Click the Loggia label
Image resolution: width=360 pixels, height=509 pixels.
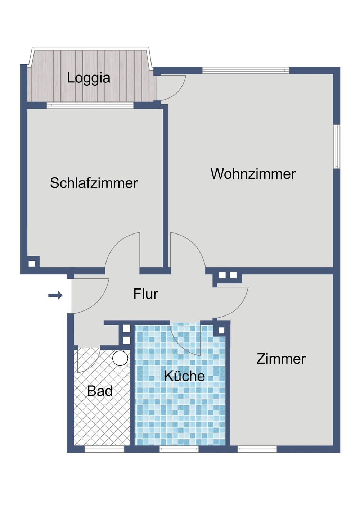[x=89, y=78]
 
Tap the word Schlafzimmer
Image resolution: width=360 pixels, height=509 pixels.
[x=94, y=183]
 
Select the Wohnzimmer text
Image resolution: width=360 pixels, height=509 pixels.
[x=253, y=174]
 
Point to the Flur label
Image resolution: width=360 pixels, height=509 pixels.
[x=145, y=294]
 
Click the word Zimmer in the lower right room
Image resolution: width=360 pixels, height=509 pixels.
[x=281, y=359]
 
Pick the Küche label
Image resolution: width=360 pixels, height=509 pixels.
[x=184, y=376]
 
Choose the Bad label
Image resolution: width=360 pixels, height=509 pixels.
[x=100, y=391]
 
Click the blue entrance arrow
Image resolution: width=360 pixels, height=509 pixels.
[x=55, y=296]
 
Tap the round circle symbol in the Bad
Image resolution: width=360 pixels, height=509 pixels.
[x=120, y=358]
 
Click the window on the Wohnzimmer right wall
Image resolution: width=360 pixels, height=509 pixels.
[x=337, y=146]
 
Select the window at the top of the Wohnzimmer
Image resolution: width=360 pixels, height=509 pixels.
[x=246, y=70]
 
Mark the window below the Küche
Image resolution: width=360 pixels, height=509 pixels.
[x=179, y=449]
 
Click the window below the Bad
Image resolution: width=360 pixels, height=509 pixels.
[x=104, y=449]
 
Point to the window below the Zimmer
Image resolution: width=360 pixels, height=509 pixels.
[x=257, y=449]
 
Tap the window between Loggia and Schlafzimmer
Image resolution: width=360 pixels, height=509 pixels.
[x=90, y=105]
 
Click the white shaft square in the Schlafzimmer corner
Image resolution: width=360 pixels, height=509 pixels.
[x=32, y=263]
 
